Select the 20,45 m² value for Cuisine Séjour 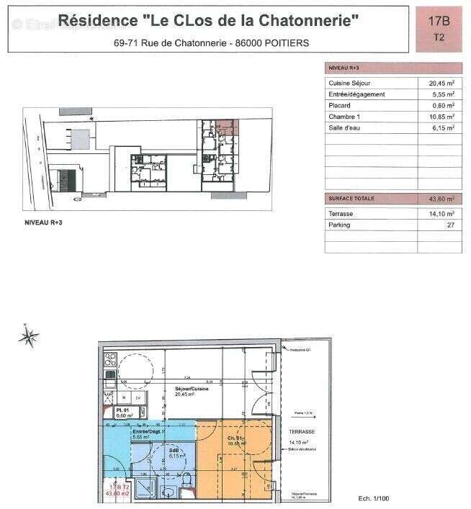click(x=441, y=83)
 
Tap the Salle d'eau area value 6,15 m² click(x=441, y=128)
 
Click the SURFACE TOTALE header click(x=351, y=198)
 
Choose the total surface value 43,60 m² click(x=441, y=198)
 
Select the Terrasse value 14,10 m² click(x=441, y=214)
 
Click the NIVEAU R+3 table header click(x=344, y=67)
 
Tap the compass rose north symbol click(x=30, y=335)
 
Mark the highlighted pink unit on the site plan click(x=228, y=127)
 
